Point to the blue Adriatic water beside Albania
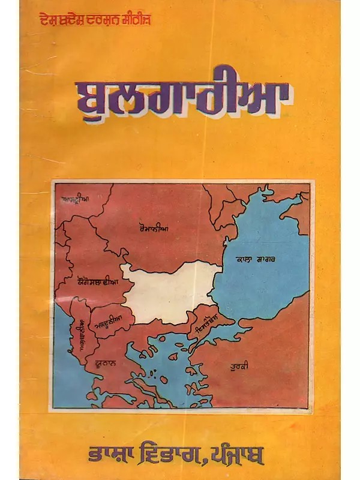tap(62, 360)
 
